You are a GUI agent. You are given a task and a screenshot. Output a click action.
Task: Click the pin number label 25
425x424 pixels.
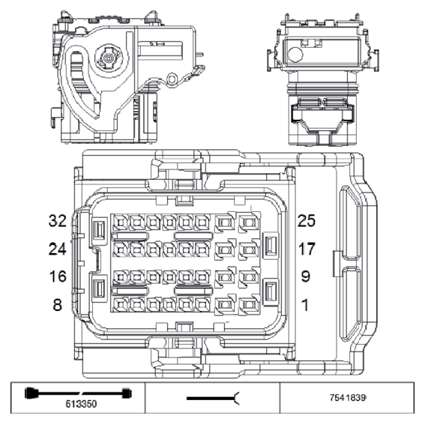click(307, 221)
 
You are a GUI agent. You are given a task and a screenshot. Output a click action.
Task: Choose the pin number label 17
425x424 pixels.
click(306, 248)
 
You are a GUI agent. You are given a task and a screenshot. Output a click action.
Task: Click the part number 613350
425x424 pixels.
click(79, 402)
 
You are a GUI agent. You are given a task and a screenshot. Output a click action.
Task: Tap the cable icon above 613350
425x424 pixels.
click(79, 392)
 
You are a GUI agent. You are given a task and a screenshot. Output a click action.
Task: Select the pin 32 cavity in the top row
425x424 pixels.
click(119, 222)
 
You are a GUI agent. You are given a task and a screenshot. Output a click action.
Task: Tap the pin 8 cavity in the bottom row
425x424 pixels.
click(119, 304)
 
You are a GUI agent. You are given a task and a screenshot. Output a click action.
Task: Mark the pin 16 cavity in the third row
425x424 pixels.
click(119, 276)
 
